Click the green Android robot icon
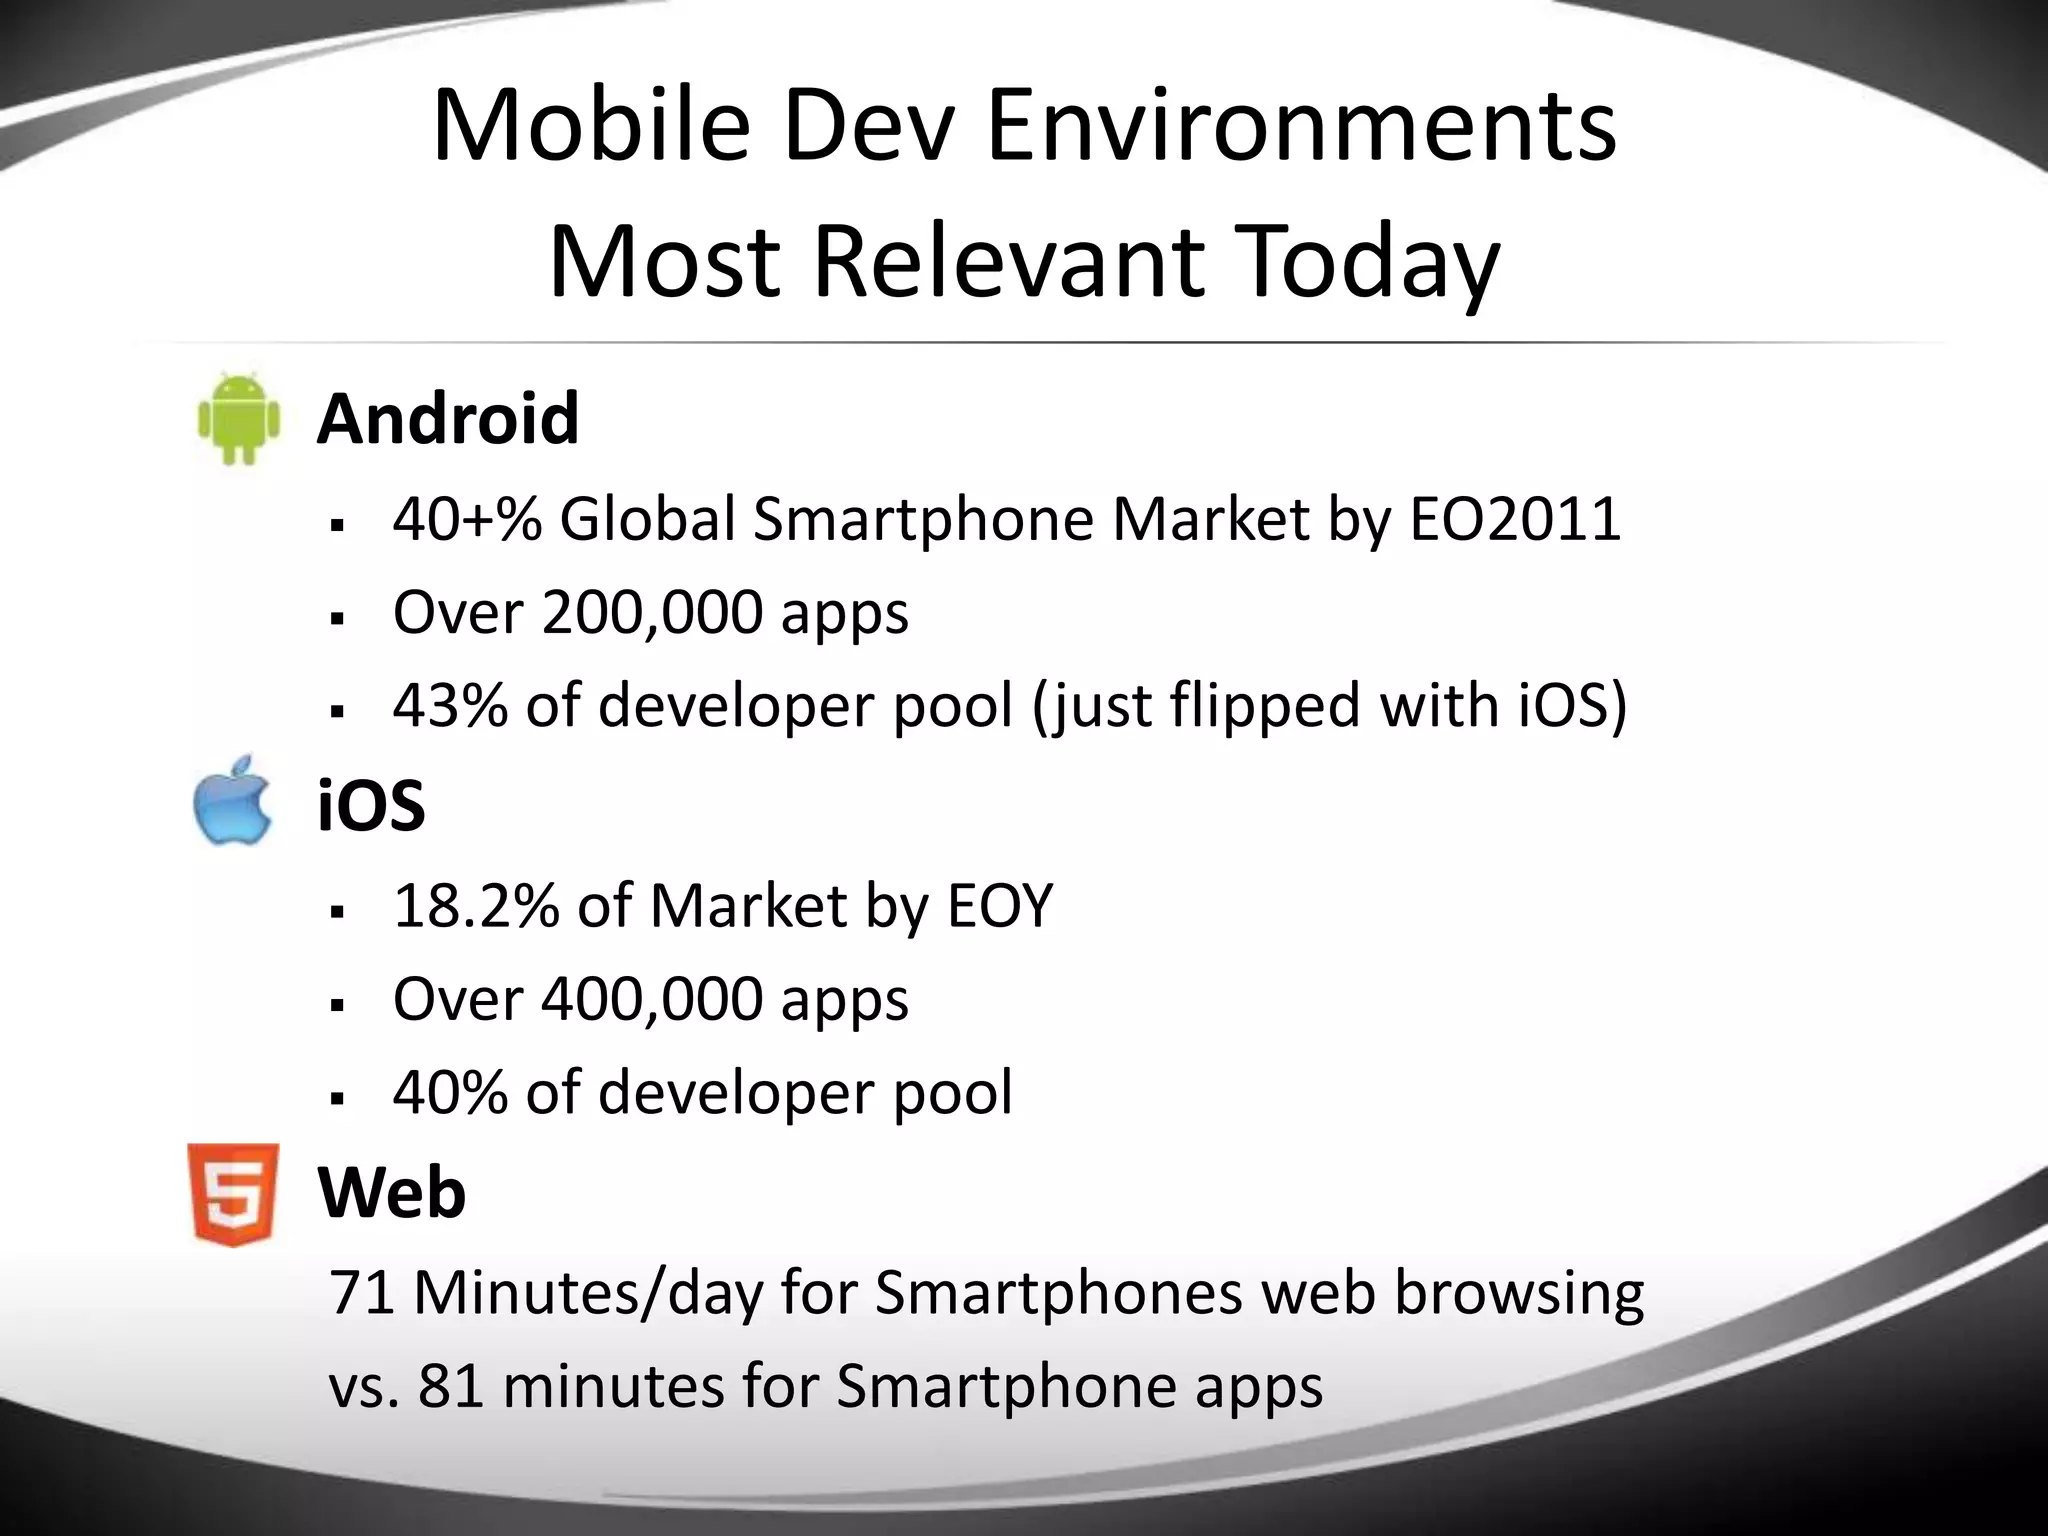(239, 419)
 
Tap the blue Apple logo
(232, 802)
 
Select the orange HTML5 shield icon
(233, 1194)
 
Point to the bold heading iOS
(371, 806)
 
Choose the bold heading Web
(391, 1193)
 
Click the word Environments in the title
(1301, 127)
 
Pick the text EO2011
(1515, 519)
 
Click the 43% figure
(450, 705)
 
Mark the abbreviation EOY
(1000, 906)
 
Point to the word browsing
(1519, 1294)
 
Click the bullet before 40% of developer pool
(337, 1098)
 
